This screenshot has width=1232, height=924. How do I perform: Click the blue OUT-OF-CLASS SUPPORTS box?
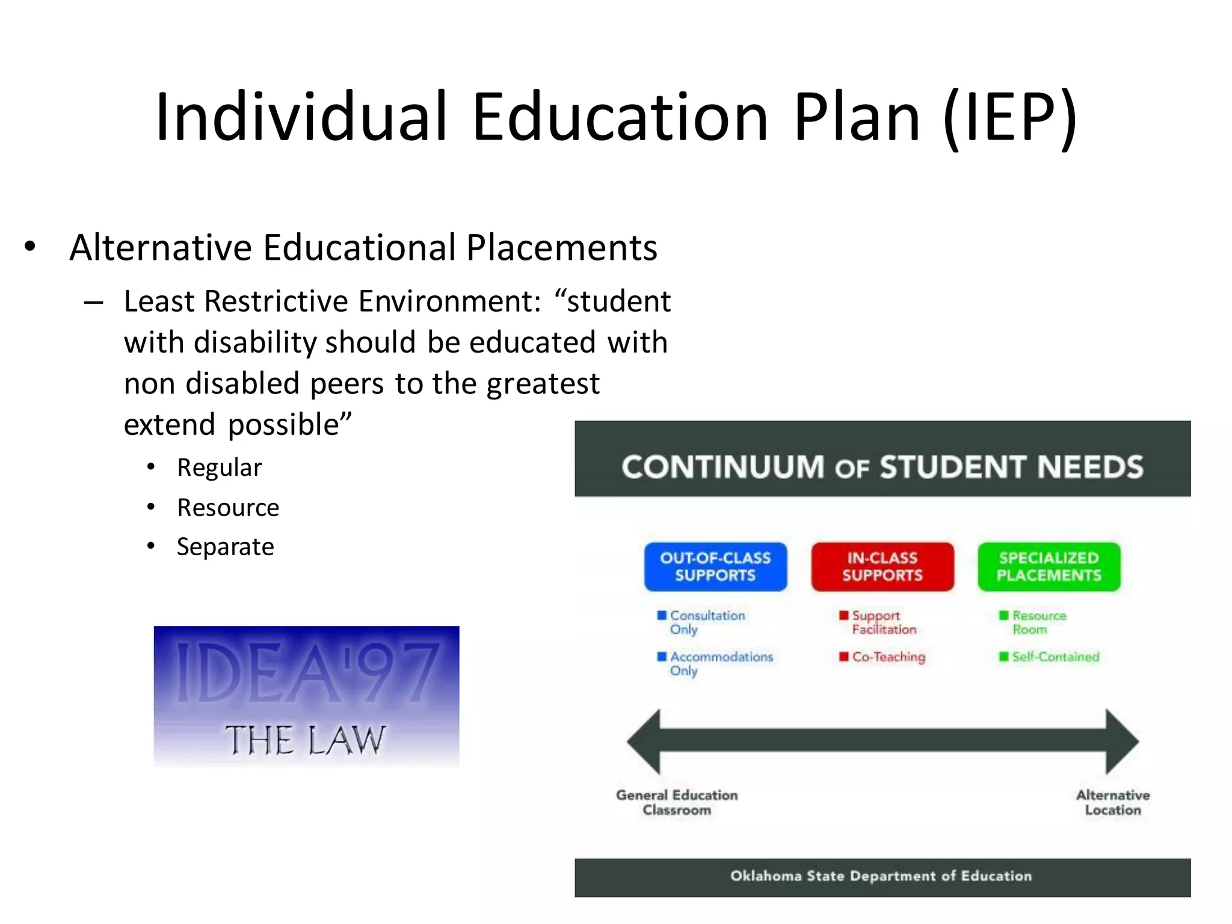click(x=715, y=567)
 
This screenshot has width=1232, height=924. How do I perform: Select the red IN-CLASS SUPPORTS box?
click(x=882, y=567)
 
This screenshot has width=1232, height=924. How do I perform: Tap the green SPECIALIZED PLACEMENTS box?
click(x=1049, y=567)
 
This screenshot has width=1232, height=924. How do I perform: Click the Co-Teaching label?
click(x=888, y=657)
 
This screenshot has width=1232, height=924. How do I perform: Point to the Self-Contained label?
click(x=1055, y=657)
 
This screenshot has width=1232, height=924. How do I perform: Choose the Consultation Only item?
click(x=707, y=623)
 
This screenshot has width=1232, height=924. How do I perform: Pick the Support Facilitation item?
click(x=883, y=623)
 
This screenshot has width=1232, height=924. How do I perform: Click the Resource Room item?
click(x=1038, y=623)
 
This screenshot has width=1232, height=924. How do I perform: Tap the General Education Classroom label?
click(x=677, y=802)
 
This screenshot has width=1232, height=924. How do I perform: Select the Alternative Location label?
click(x=1113, y=802)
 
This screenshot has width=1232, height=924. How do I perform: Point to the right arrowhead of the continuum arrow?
click(x=1121, y=742)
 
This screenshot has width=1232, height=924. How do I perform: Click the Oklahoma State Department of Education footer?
click(x=881, y=876)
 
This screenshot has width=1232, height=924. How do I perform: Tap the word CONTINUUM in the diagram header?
click(x=722, y=467)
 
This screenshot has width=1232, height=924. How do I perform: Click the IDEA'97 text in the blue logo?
click(x=307, y=672)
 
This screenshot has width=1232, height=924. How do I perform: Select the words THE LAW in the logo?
click(x=306, y=740)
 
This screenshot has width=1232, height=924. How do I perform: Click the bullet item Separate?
click(x=226, y=547)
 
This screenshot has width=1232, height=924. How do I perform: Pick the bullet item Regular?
click(x=220, y=468)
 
